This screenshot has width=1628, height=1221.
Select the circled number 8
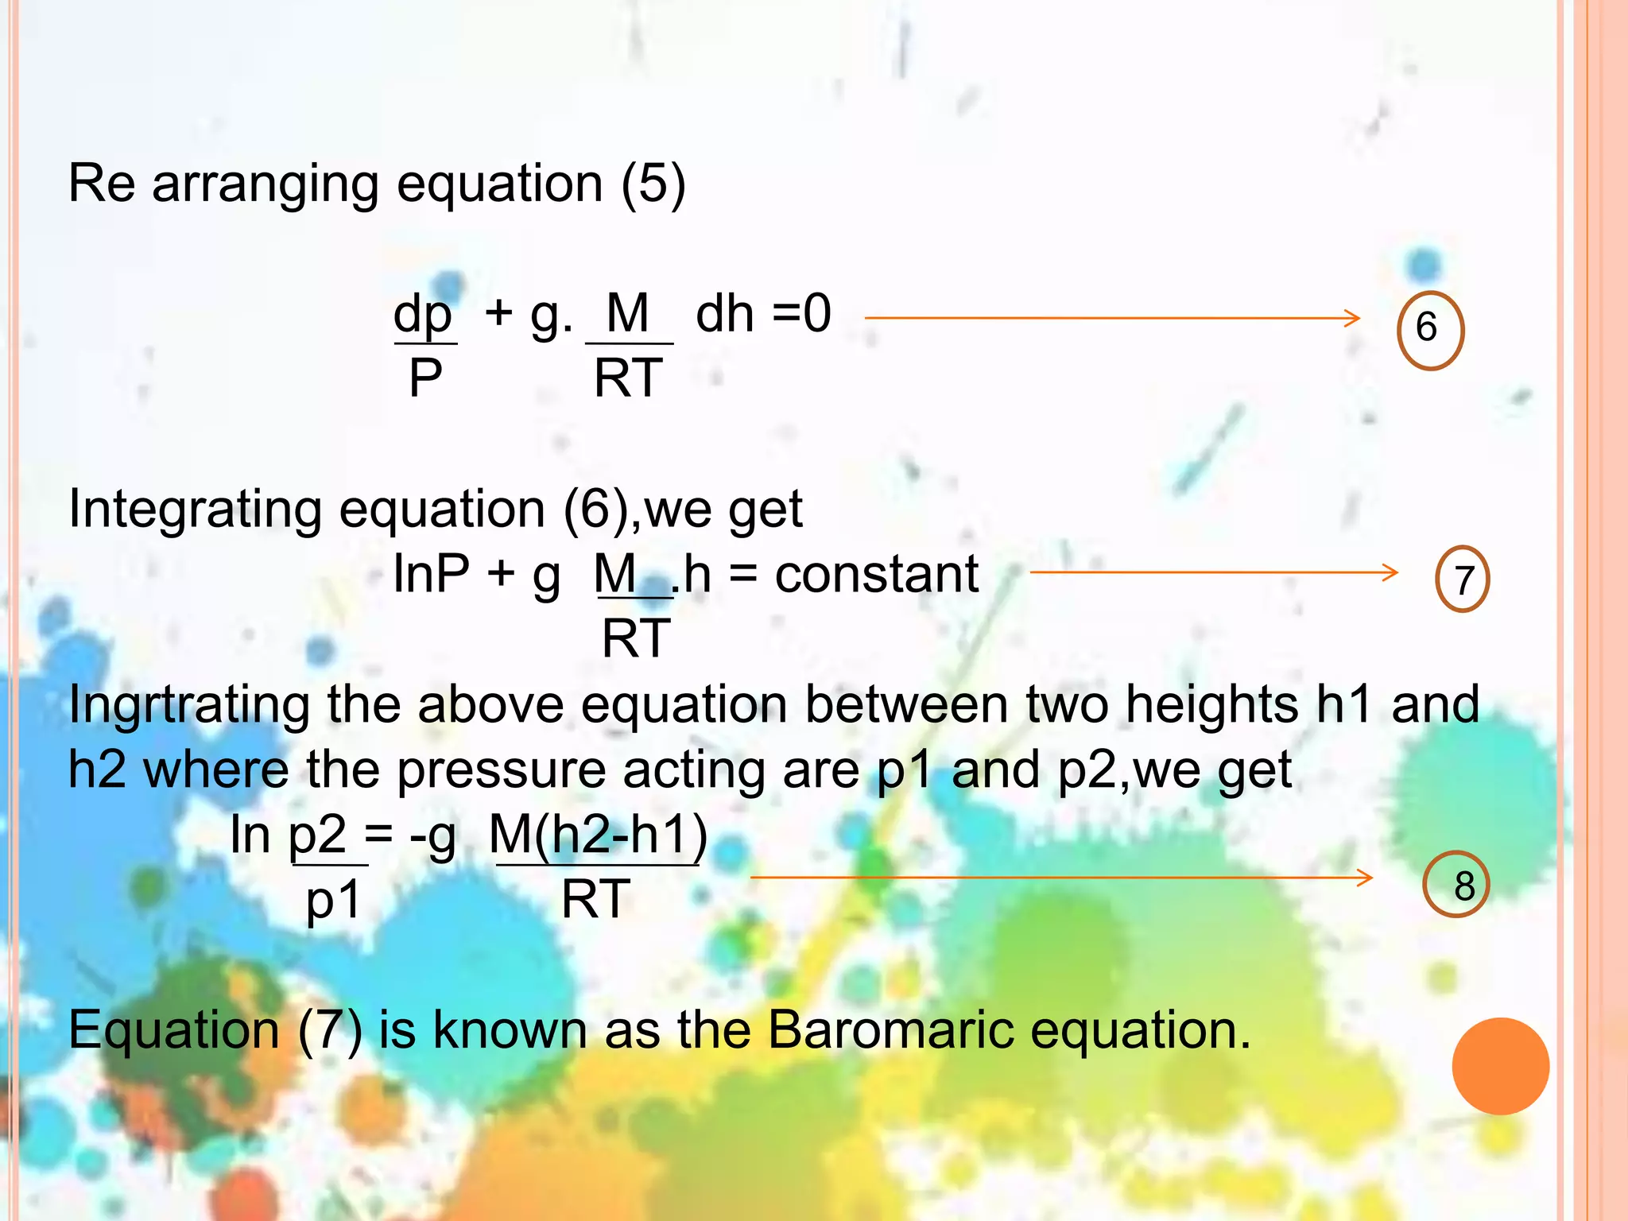click(x=1456, y=885)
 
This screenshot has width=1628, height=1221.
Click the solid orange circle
click(x=1500, y=1066)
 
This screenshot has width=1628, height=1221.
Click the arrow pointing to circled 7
click(x=1213, y=572)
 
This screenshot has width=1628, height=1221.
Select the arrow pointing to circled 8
click(x=1061, y=878)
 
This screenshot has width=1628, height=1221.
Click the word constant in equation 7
click(x=876, y=574)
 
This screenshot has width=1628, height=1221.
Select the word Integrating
click(x=196, y=509)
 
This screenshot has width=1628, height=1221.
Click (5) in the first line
click(x=653, y=184)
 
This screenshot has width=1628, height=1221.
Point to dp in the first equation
click(x=423, y=313)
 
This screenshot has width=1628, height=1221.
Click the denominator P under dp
click(x=425, y=378)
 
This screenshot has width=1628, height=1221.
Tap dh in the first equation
click(x=724, y=313)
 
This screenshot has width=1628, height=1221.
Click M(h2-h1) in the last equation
click(x=598, y=835)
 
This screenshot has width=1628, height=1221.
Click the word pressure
click(x=502, y=770)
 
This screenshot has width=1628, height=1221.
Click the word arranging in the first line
click(x=265, y=184)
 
